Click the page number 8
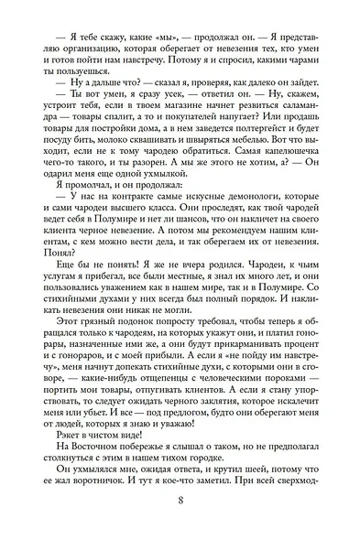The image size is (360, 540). click(x=180, y=501)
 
